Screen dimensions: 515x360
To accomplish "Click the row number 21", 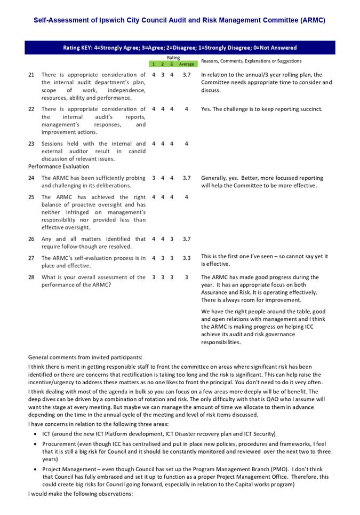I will pos(31,75).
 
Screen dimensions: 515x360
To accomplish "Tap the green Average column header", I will pos(186,64).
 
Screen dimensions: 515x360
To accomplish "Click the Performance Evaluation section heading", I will pos(59,167).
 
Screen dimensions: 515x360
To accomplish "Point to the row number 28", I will pos(31,278).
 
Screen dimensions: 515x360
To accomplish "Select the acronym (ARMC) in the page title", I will pos(313,20).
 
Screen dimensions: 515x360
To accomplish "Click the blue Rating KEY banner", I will pos(180,47).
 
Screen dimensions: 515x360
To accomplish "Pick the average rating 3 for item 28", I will pos(186,278).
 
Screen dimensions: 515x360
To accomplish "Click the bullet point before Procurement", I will pos(35,444).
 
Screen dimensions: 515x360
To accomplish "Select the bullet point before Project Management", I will pos(35,470).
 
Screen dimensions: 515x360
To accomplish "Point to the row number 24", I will pos(31,178).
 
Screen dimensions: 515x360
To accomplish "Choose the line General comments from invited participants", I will pos(85,358).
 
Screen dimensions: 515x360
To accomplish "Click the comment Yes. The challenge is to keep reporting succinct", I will pos(261,109).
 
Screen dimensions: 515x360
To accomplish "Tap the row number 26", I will pos(31,239).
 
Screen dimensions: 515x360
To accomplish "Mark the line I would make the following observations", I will pos(80,494).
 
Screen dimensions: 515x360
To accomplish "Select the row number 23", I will pos(31,144).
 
